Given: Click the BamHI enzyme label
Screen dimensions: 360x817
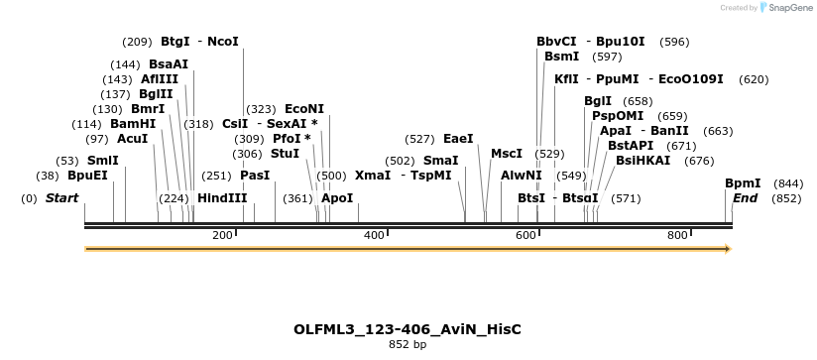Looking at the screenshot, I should pos(133,124).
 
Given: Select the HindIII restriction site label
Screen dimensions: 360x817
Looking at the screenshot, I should pos(222,198).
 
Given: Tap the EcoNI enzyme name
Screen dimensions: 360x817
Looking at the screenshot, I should pos(304,108).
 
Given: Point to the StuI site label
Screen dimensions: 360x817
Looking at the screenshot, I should pos(285,154).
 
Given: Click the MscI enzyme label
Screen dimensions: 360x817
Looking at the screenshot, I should pos(507,154).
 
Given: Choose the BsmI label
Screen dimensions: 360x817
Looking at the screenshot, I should pos(562,57).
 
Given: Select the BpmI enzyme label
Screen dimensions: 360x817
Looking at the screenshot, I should pos(743,183).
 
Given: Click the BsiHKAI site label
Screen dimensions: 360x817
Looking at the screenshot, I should pos(642,161).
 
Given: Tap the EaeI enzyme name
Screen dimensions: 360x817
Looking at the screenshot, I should pos(458,139).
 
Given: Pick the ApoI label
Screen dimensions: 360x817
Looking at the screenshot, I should pos(337,198).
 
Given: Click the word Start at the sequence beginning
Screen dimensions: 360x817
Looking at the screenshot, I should pos(61,198).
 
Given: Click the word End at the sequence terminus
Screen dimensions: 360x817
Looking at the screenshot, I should pos(745,198).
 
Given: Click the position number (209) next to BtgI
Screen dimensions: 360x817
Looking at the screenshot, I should pos(137,42).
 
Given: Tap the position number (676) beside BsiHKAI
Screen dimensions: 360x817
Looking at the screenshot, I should pos(699,161).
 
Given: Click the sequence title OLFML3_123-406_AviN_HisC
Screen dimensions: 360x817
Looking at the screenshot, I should pos(408,328).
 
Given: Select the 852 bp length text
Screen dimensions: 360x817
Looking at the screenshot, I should pos(408,345).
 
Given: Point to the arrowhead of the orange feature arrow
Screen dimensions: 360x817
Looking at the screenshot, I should pos(728,248).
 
